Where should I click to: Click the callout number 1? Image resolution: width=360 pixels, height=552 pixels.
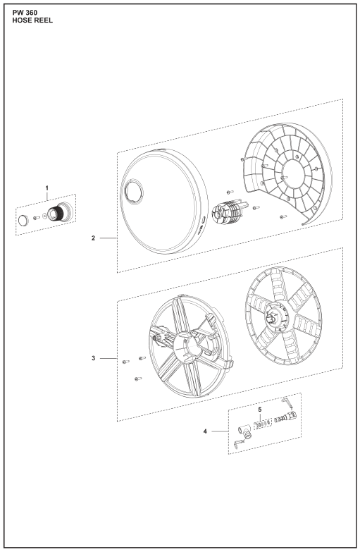click(x=46, y=188)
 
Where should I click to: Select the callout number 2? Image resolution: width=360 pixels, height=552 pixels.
click(x=93, y=238)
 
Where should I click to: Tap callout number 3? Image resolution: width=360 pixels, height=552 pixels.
click(x=93, y=358)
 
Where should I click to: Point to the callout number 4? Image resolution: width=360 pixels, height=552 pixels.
click(x=205, y=431)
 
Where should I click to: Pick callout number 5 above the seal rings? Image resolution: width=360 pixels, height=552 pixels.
click(x=260, y=410)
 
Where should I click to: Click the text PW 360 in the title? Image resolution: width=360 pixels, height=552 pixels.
click(x=25, y=13)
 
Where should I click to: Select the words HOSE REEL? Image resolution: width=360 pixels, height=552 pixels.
click(x=32, y=20)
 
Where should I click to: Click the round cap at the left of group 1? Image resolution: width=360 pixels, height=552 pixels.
click(x=23, y=221)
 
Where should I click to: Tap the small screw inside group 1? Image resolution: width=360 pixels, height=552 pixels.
click(x=37, y=218)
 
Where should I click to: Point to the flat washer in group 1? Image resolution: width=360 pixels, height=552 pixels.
click(x=44, y=216)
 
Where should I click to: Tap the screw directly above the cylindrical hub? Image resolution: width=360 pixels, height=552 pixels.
click(x=230, y=192)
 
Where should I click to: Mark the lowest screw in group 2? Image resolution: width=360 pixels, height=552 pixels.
click(x=283, y=217)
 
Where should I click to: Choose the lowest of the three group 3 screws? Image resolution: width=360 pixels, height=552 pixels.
click(x=138, y=379)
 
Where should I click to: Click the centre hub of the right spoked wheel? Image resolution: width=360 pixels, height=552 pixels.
click(x=276, y=315)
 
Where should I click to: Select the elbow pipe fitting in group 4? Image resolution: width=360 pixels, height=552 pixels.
click(x=245, y=431)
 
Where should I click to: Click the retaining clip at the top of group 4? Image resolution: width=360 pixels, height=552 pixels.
click(x=287, y=403)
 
